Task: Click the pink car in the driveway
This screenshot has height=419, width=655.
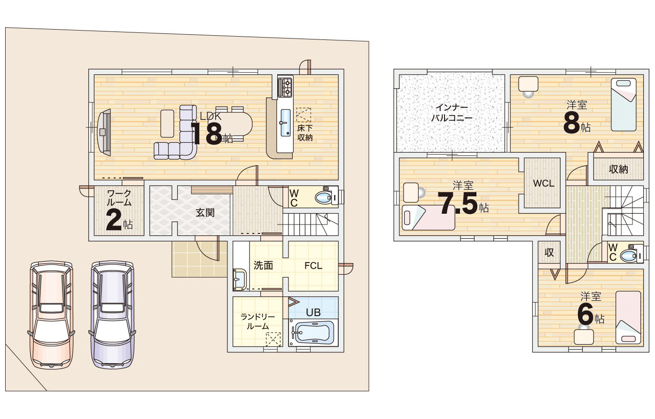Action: [x=52, y=315]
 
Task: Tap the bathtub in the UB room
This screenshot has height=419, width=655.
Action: [x=313, y=333]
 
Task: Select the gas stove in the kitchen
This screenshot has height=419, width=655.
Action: [x=285, y=87]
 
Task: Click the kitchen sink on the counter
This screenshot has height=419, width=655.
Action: [x=285, y=123]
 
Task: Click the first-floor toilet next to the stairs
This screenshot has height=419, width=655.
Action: [x=327, y=197]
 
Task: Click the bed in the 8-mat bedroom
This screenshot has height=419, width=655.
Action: [x=624, y=104]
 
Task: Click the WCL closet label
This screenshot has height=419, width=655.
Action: [x=543, y=183]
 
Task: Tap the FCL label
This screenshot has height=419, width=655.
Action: [x=313, y=266]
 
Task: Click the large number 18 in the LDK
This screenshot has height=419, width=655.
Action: [x=207, y=133]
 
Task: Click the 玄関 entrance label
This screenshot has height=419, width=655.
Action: [x=205, y=213]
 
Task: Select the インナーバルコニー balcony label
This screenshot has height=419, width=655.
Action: [x=452, y=113]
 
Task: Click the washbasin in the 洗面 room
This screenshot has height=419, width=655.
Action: [x=240, y=279]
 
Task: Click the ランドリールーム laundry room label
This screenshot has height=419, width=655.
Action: [x=257, y=322]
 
